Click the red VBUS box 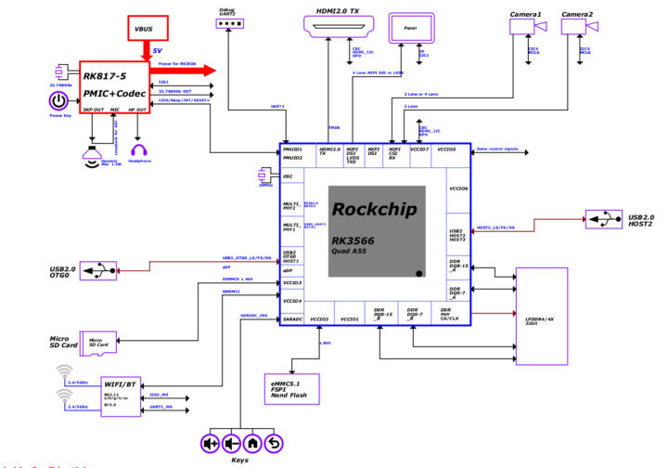(144, 29)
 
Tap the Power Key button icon (59, 100)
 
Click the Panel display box (410, 29)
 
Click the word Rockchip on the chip (377, 209)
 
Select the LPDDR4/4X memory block (541, 317)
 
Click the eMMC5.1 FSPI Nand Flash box (292, 387)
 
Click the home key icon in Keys (251, 443)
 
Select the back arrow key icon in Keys (273, 443)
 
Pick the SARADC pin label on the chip (293, 318)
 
